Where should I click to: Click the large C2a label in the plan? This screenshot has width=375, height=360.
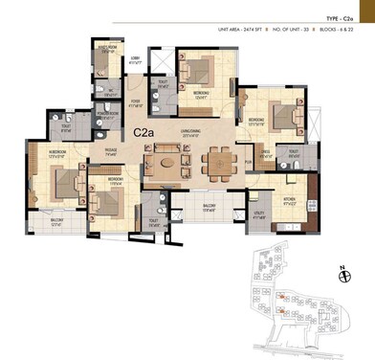(145, 133)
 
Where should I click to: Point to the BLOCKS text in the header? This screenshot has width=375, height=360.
(334, 33)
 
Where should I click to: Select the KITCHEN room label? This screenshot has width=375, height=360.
(290, 199)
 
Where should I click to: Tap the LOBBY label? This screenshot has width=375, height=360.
(135, 58)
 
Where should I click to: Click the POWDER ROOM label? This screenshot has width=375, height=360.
(107, 113)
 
